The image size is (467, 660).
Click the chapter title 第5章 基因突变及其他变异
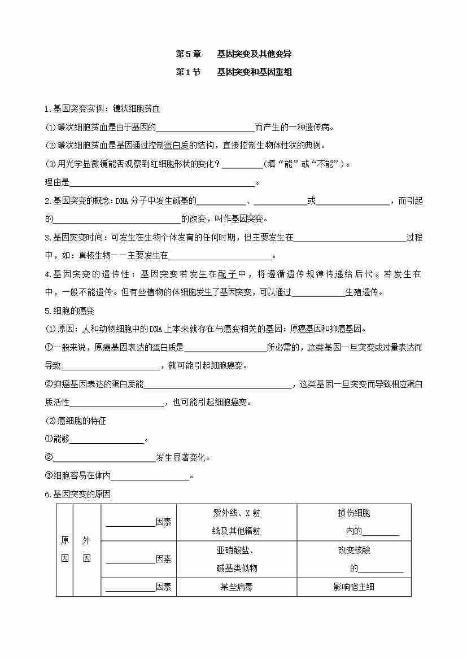coord(233,54)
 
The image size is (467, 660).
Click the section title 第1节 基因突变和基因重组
coord(233,72)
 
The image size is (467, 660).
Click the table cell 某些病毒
coord(236,587)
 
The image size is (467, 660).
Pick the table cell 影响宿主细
coord(353,587)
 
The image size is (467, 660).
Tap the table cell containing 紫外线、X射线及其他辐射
coord(236,522)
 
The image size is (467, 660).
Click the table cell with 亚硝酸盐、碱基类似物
coord(236,559)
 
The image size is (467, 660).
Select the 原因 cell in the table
coord(65,549)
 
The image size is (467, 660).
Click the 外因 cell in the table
coord(86,549)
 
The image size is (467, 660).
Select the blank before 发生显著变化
coord(104,458)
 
